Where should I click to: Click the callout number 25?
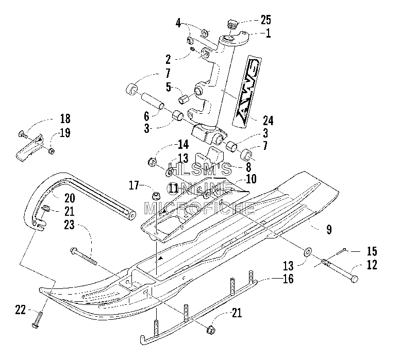click(x=265, y=20)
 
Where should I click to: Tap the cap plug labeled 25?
click(x=232, y=25)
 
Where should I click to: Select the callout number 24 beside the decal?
click(x=268, y=121)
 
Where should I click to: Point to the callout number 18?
click(x=65, y=118)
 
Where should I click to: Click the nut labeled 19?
click(x=52, y=151)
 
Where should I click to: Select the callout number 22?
click(x=21, y=310)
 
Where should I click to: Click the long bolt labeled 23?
click(x=84, y=256)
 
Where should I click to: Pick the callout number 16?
click(x=288, y=279)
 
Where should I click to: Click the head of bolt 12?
click(x=354, y=279)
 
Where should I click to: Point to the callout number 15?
click(x=372, y=251)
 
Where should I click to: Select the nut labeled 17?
click(x=155, y=195)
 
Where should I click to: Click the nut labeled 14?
click(x=152, y=162)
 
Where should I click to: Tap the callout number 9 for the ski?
click(x=329, y=229)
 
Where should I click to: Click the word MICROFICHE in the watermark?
click(x=199, y=208)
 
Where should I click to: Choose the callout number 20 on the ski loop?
click(x=70, y=198)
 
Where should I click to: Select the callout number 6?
click(x=146, y=116)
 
